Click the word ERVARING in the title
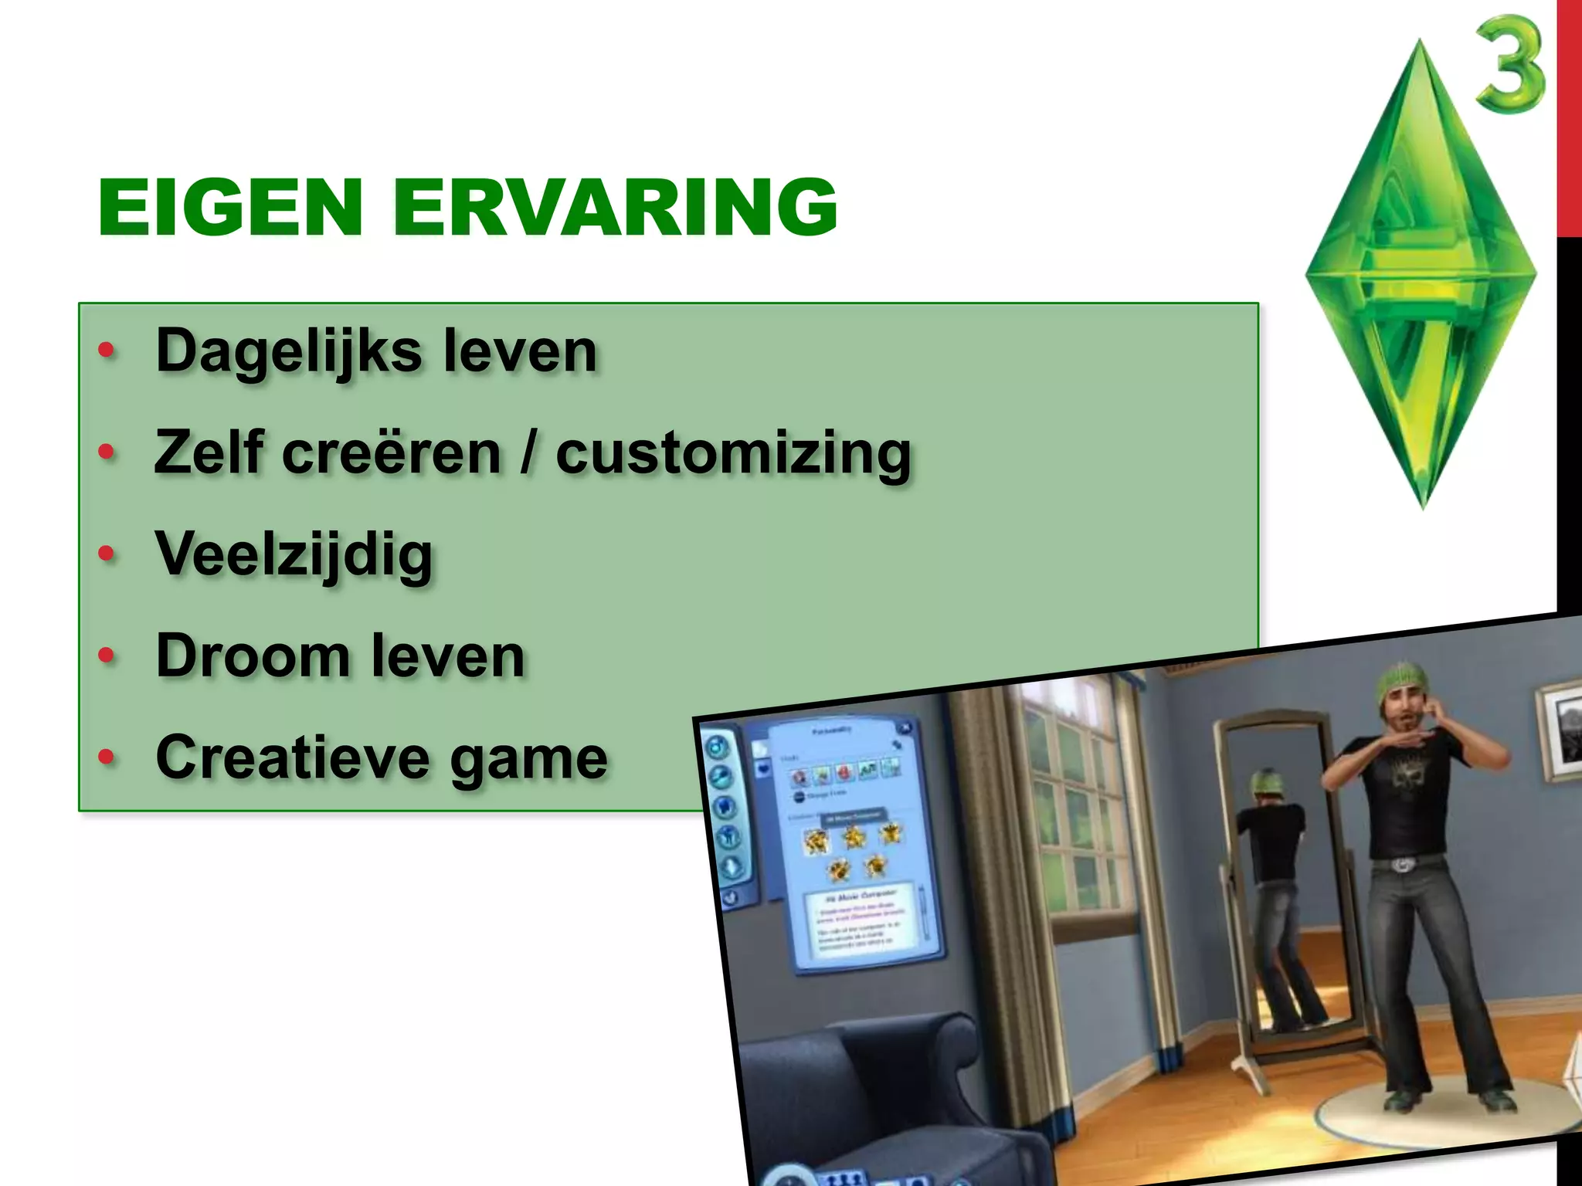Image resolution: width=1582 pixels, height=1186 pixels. [615, 207]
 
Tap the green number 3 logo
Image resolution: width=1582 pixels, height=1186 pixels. [1510, 67]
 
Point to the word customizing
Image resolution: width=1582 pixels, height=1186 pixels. [733, 453]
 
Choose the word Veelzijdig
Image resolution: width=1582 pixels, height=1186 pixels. [294, 554]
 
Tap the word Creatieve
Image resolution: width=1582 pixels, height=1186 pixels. [292, 757]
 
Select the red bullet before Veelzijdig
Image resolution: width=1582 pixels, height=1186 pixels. [107, 554]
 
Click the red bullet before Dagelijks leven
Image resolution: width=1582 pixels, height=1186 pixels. [107, 351]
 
